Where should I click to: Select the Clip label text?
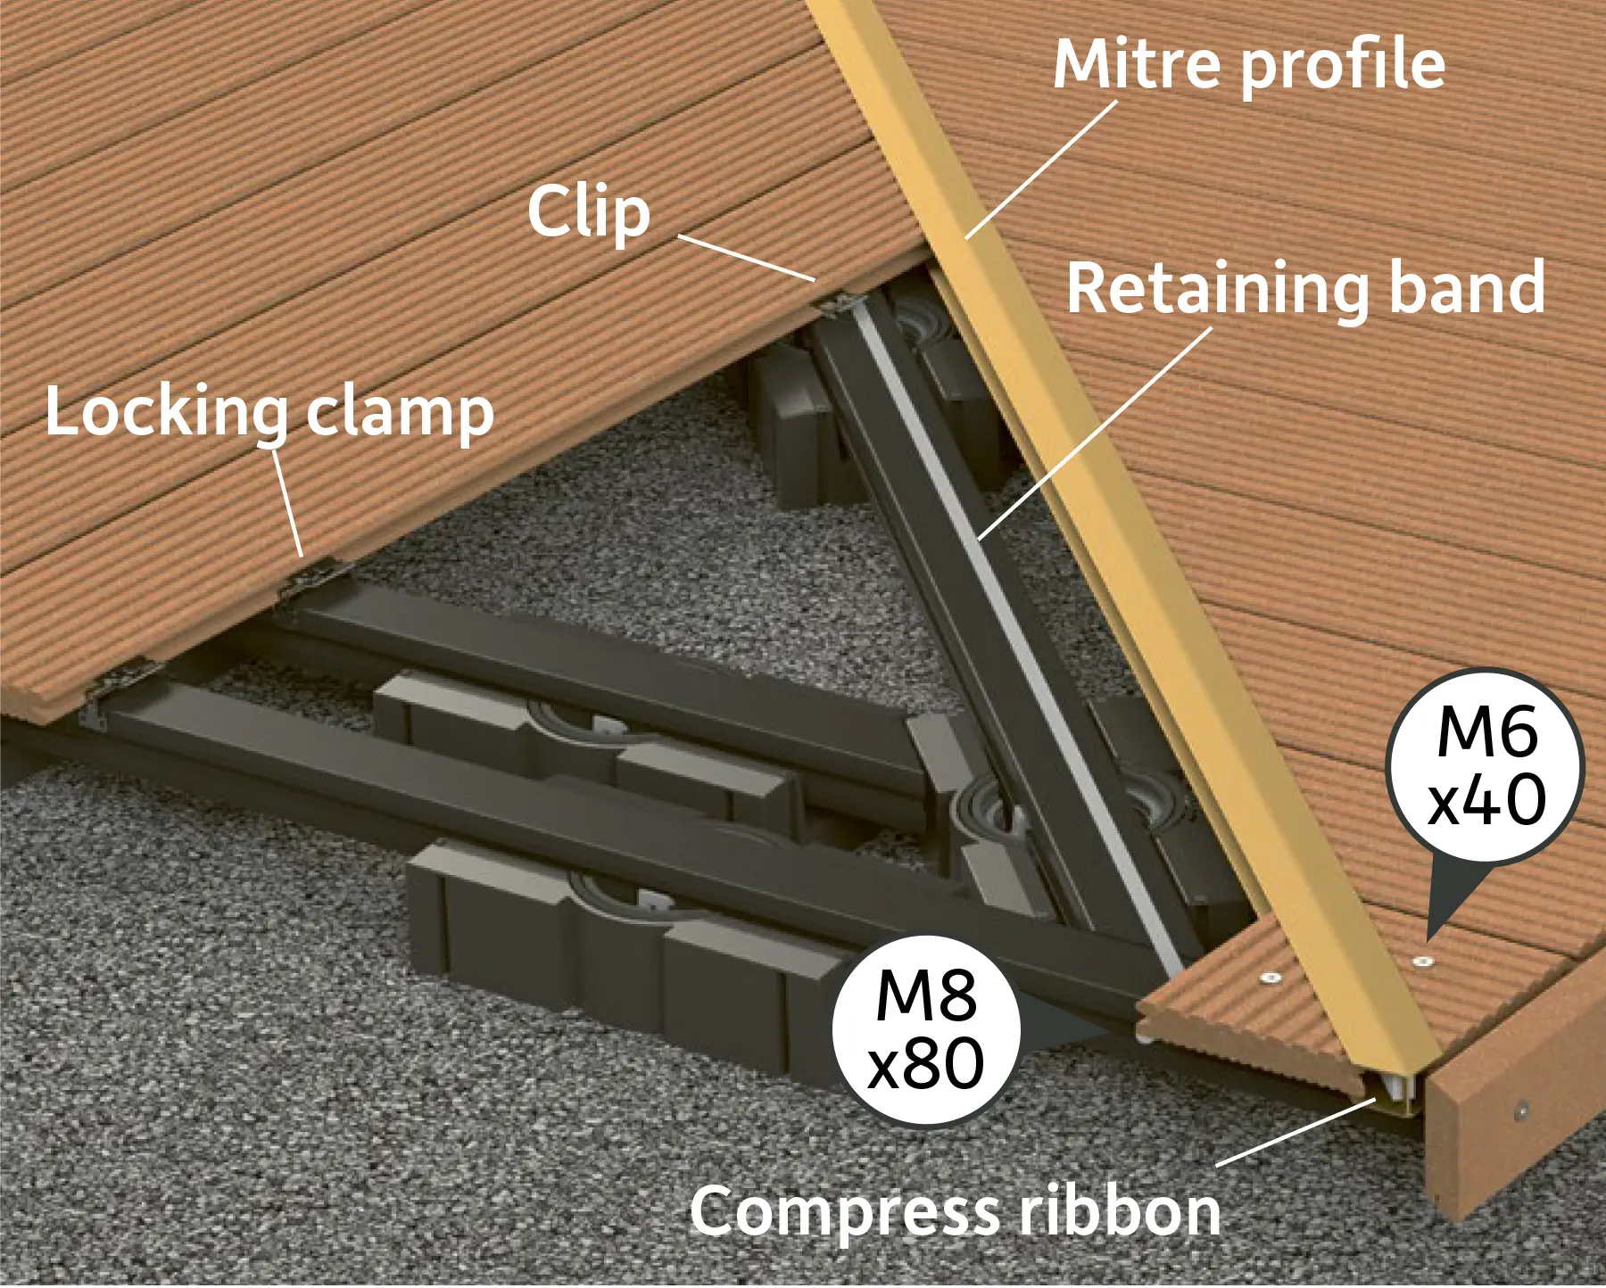click(589, 212)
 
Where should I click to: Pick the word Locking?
click(166, 412)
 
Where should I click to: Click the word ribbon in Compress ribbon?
click(1121, 1210)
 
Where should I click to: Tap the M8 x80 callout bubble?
click(926, 1030)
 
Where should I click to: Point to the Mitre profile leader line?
click(1042, 169)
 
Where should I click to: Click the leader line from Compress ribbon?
click(1296, 1132)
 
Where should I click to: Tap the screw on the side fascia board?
click(1522, 1110)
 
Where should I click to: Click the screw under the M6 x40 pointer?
click(1423, 962)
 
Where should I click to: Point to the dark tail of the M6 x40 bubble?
click(1450, 901)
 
